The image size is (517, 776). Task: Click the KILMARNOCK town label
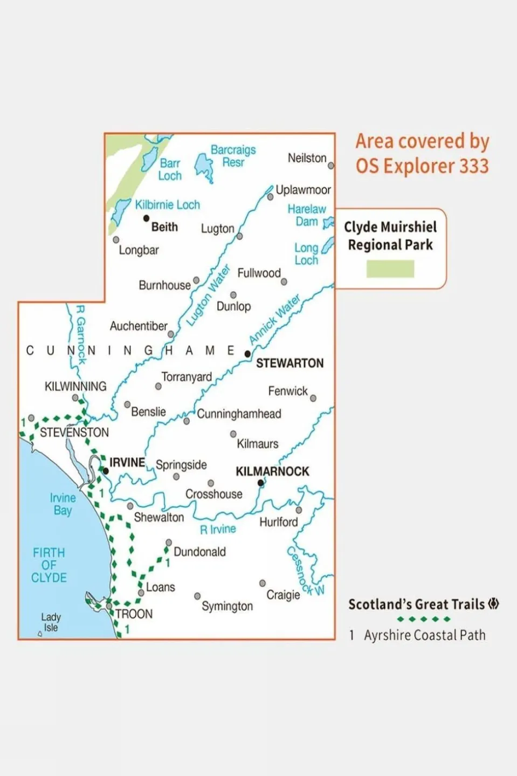(272, 471)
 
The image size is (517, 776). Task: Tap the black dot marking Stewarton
(247, 354)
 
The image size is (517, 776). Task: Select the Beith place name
(164, 227)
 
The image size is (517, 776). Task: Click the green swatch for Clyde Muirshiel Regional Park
(390, 269)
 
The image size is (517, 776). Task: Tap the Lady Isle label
(51, 622)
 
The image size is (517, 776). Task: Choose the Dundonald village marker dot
(169, 542)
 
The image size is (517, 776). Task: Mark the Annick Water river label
(274, 319)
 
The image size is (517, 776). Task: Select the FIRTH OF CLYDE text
(49, 565)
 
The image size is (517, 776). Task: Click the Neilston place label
(307, 158)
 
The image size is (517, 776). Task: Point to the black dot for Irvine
(106, 471)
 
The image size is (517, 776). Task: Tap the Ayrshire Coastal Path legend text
(424, 635)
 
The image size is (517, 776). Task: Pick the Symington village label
(227, 606)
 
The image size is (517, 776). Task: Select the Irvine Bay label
(63, 504)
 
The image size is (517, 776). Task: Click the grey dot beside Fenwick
(313, 398)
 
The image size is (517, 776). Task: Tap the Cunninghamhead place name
(239, 414)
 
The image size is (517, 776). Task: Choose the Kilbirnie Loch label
(167, 205)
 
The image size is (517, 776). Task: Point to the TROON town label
(134, 614)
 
